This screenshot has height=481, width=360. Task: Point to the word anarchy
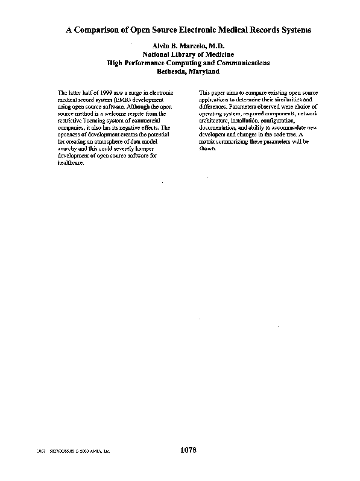(66, 148)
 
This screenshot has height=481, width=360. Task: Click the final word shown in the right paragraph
(206, 148)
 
